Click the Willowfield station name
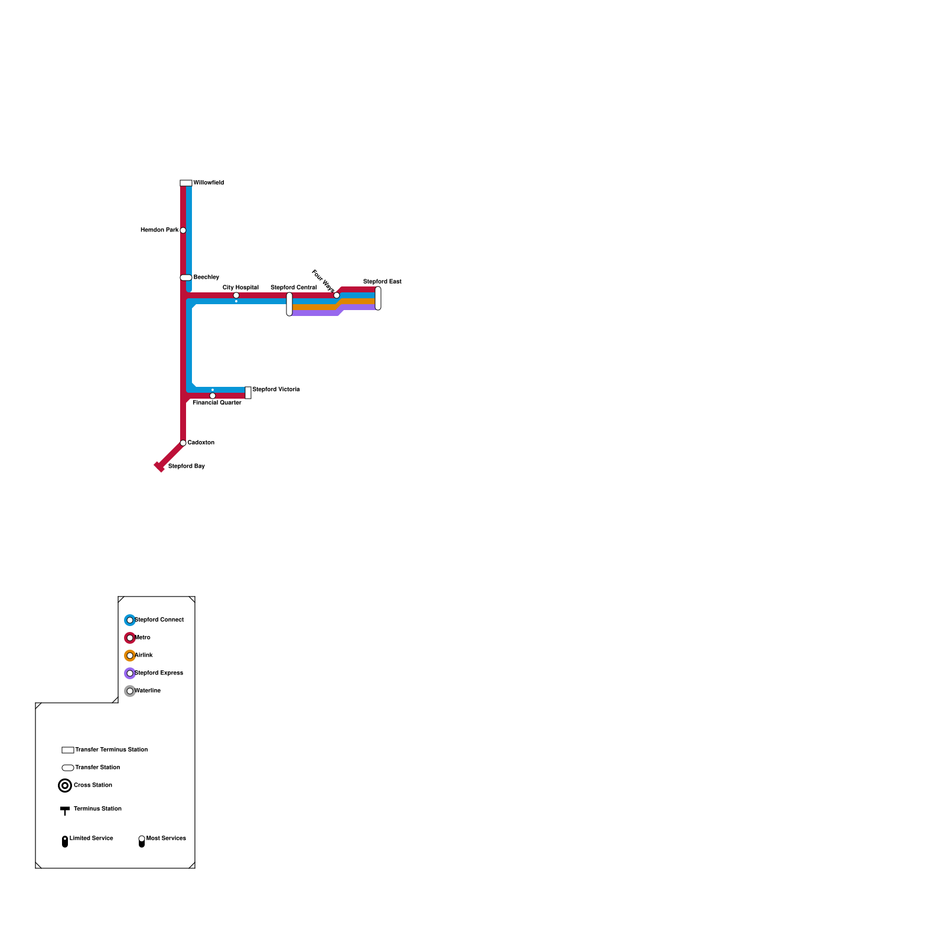click(x=208, y=183)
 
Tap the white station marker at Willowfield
click(x=186, y=183)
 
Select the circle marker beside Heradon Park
click(x=183, y=230)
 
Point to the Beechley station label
click(x=206, y=278)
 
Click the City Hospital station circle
click(x=236, y=295)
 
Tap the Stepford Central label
click(x=294, y=288)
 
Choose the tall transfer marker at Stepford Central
click(x=289, y=304)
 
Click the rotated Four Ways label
click(x=323, y=281)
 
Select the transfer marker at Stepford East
click(x=378, y=298)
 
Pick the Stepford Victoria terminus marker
click(x=248, y=393)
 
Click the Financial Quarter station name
click(x=217, y=403)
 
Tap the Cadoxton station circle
click(x=183, y=443)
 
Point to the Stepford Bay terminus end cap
click(x=159, y=467)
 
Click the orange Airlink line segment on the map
click(x=313, y=307)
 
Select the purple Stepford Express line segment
click(x=313, y=313)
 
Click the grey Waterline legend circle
click(x=130, y=691)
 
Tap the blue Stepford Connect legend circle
click(x=130, y=620)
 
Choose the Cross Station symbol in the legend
click(x=65, y=786)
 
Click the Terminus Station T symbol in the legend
click(x=65, y=810)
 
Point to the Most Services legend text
click(x=166, y=839)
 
